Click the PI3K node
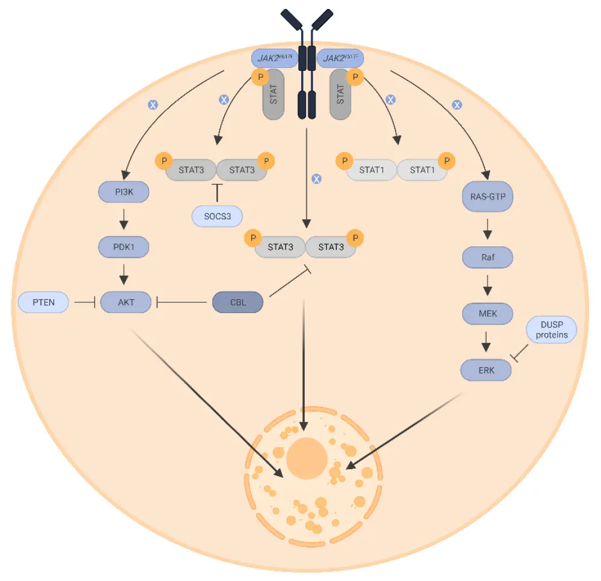[x=124, y=192]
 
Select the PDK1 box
[x=124, y=247]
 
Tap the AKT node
[x=126, y=302]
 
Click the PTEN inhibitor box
[x=44, y=302]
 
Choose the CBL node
[x=238, y=302]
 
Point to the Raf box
[x=487, y=258]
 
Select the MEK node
[x=487, y=313]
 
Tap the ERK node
[x=486, y=370]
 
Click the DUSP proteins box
[x=551, y=330]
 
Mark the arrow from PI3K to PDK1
[x=124, y=219]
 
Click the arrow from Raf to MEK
[x=487, y=285]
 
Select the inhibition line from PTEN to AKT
[x=85, y=302]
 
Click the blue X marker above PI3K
[x=153, y=105]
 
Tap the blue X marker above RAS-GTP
[x=457, y=105]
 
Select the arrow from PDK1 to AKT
[x=124, y=275]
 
